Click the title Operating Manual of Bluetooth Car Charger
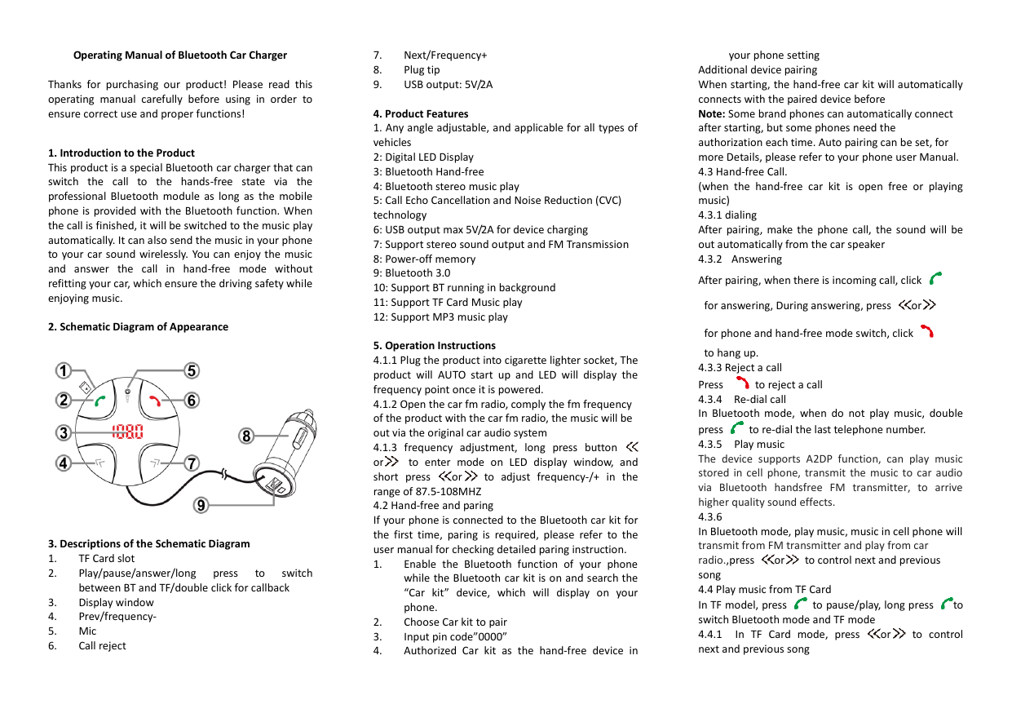[x=179, y=55]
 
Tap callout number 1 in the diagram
[x=62, y=370]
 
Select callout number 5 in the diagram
[x=191, y=370]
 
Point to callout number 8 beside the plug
[x=245, y=436]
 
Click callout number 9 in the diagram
[x=200, y=506]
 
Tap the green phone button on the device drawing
[x=100, y=401]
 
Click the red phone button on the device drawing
[x=155, y=401]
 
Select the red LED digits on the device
[x=128, y=432]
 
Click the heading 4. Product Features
[x=421, y=113]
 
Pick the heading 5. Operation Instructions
[x=434, y=345]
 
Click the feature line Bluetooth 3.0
[x=418, y=272]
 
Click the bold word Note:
[x=712, y=113]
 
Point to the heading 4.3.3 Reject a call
[x=740, y=367]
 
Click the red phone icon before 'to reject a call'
[x=741, y=383]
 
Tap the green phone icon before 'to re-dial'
[x=737, y=427]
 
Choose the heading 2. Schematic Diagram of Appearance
[x=138, y=326]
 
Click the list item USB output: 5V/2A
[x=448, y=84]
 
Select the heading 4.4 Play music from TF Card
[x=764, y=589]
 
